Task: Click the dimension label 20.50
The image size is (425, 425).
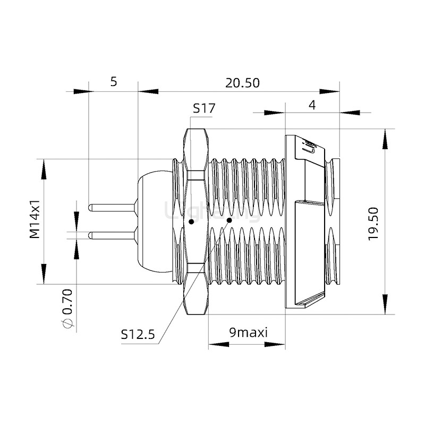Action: click(x=242, y=83)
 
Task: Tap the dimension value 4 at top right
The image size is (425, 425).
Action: click(x=312, y=105)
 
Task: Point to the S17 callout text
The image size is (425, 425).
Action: click(x=203, y=108)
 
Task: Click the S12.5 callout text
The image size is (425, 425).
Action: click(x=137, y=334)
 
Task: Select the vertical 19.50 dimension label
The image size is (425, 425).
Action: click(x=373, y=223)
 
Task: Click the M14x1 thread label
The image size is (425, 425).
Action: click(x=35, y=219)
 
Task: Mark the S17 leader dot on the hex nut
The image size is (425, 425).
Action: click(x=191, y=220)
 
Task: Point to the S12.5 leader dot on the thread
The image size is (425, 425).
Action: click(x=229, y=219)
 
